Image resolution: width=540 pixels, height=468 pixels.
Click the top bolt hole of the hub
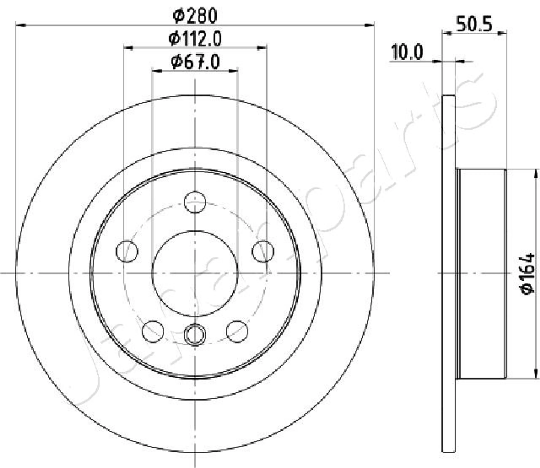[x=195, y=202]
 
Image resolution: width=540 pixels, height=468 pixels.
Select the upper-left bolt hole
[x=127, y=251]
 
